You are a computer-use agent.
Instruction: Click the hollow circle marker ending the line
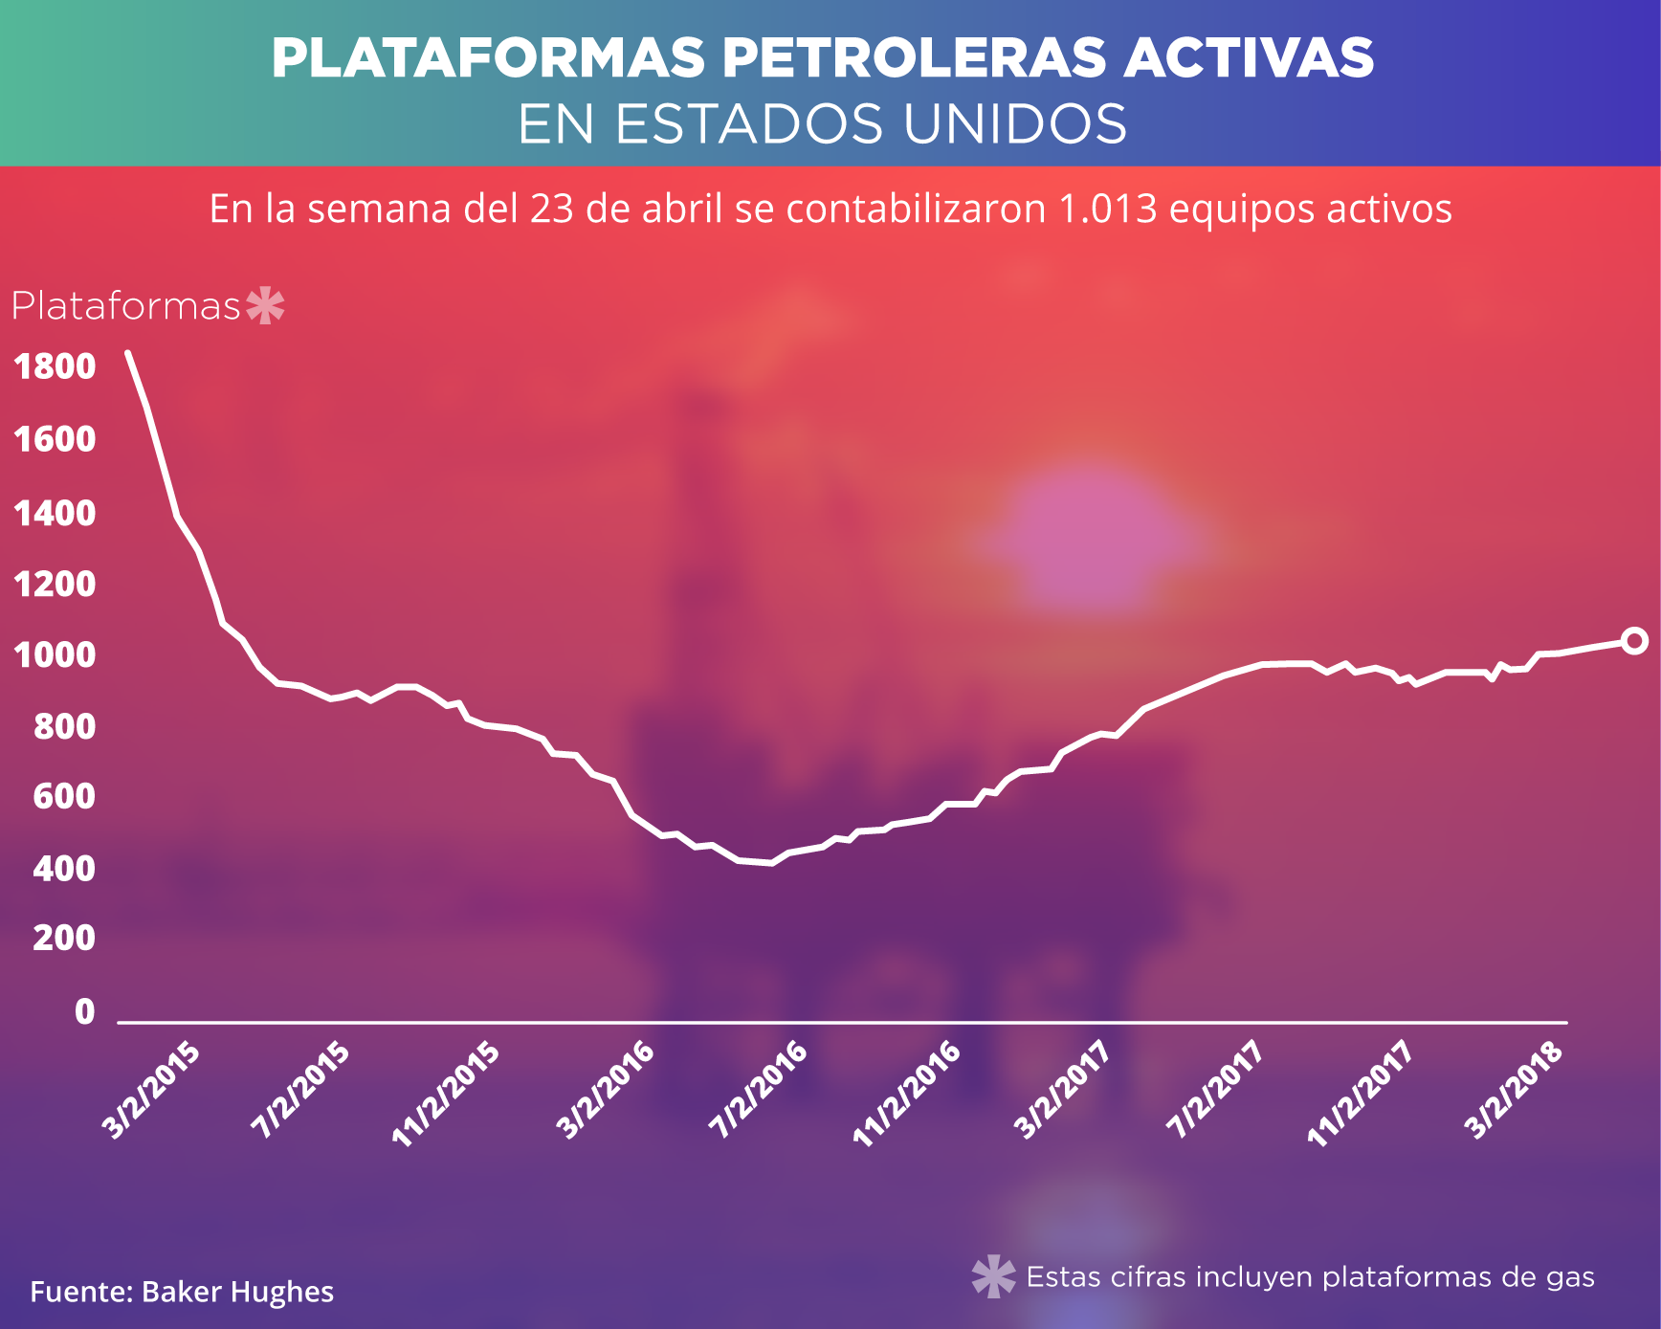pos(1634,640)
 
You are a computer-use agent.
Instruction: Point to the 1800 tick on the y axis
pos(55,366)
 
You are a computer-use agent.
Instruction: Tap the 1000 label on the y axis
pos(55,655)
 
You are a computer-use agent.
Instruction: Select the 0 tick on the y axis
pos(85,1011)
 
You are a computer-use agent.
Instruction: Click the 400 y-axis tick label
pos(64,869)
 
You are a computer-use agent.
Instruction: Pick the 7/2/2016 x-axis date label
pos(759,1090)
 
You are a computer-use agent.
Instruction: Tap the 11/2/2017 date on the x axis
pos(1361,1095)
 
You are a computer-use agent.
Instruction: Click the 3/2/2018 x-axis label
pos(1516,1090)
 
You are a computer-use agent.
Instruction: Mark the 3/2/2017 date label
pos(1062,1090)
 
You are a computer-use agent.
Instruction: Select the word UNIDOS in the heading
pos(1015,124)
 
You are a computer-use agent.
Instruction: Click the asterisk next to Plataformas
pos(265,306)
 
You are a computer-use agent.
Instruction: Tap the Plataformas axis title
pos(125,306)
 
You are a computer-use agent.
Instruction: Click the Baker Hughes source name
pos(237,1292)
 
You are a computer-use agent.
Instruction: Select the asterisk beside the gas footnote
pos(993,1276)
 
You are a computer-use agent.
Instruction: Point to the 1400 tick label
pos(55,514)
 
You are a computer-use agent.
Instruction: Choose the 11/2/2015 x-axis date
pos(447,1095)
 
